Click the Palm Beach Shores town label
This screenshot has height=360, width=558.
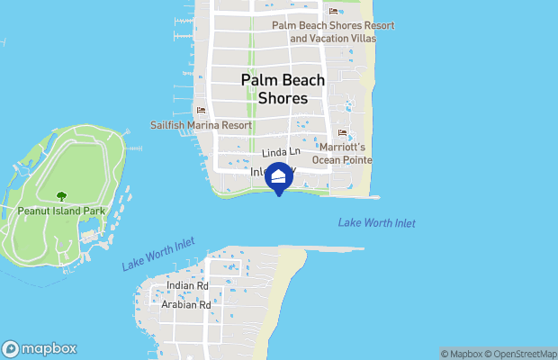click(x=283, y=89)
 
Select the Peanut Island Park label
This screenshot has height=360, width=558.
click(x=60, y=211)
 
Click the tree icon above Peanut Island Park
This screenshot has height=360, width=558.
click(x=60, y=195)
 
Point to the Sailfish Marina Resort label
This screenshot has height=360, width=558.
click(x=201, y=125)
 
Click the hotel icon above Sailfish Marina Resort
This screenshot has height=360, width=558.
click(x=201, y=111)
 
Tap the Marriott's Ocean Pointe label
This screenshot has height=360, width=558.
click(x=342, y=153)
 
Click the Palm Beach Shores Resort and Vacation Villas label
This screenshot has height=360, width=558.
click(x=333, y=31)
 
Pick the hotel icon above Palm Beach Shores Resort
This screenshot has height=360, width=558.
click(x=333, y=11)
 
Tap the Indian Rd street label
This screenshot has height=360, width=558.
click(x=187, y=286)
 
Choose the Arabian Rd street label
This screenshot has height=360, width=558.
click(x=187, y=305)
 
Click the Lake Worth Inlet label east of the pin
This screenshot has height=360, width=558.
click(x=377, y=223)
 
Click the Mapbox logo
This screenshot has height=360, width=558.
click(x=40, y=349)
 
